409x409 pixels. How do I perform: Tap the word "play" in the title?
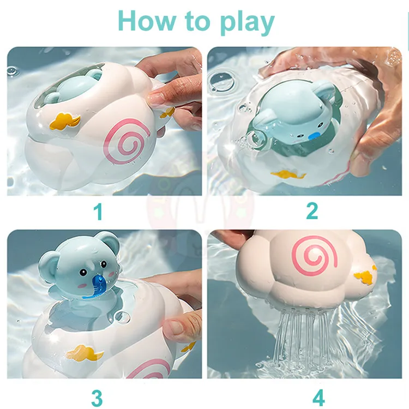coord(247,23)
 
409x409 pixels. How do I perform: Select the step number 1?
coord(98,212)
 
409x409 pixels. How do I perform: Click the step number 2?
coord(312,210)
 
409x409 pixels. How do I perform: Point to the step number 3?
coord(97,398)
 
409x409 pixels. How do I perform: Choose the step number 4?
coord(318,397)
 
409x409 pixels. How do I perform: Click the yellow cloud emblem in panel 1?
coord(65,121)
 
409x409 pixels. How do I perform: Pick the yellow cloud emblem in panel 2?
coord(288,175)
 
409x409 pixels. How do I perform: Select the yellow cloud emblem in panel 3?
coord(85,353)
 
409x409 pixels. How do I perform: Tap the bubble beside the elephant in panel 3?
coord(122,317)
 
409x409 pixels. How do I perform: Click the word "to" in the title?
coord(199,22)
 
